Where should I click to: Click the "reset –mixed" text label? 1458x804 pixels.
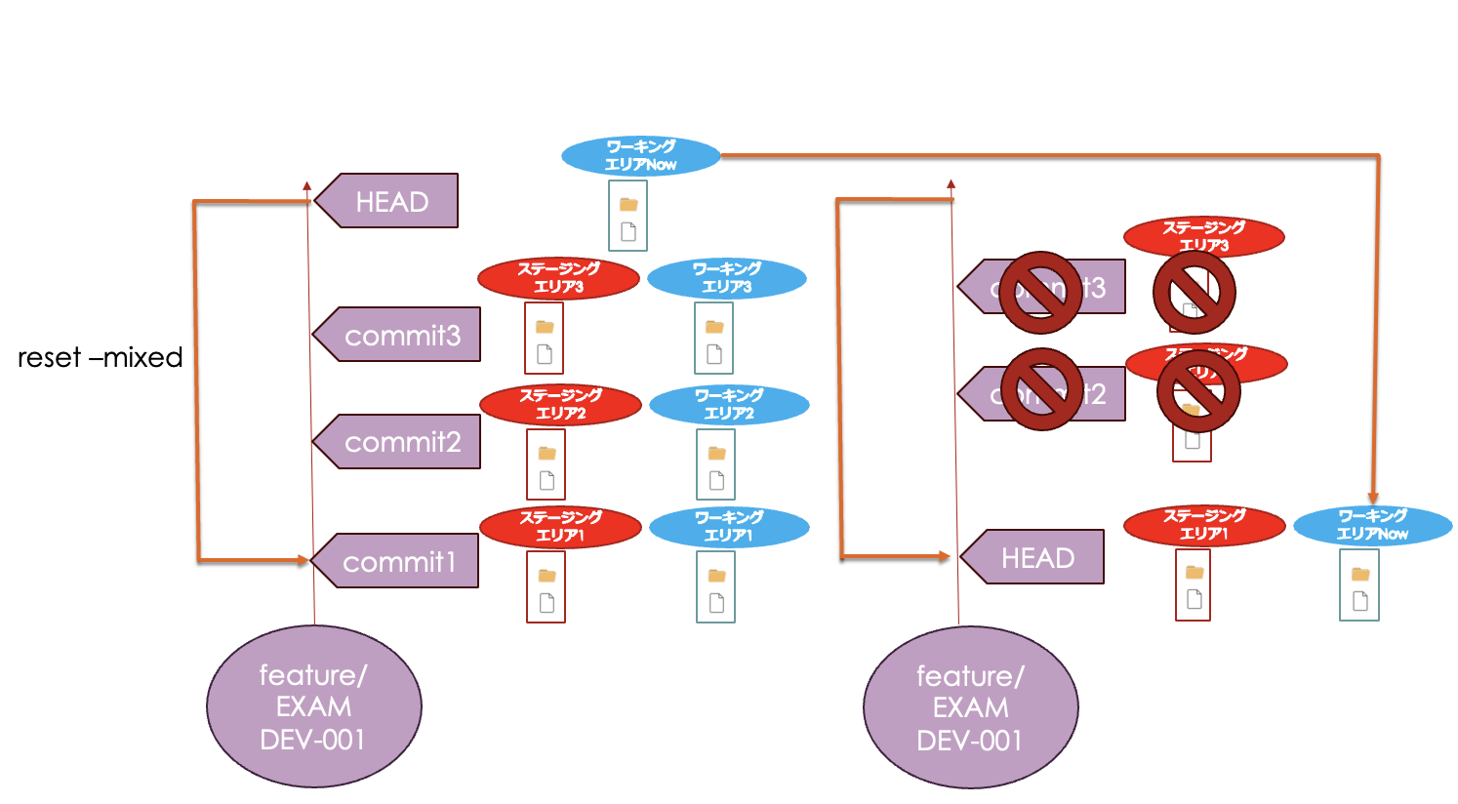pyautogui.click(x=100, y=357)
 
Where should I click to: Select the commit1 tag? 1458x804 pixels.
pyautogui.click(x=398, y=561)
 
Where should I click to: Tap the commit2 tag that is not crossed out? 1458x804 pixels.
pyautogui.click(x=400, y=442)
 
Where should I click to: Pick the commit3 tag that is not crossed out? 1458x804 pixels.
pyautogui.click(x=400, y=335)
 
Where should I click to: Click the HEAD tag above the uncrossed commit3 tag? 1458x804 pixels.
pyautogui.click(x=390, y=201)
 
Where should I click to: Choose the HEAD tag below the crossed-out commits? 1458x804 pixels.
pyautogui.click(x=1036, y=557)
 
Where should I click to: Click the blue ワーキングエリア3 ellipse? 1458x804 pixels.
pyautogui.click(x=726, y=278)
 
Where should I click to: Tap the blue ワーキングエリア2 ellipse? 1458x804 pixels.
pyautogui.click(x=728, y=405)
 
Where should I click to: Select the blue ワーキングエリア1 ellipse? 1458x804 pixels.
pyautogui.click(x=728, y=527)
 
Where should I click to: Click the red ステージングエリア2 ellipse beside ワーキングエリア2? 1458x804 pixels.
pyautogui.click(x=560, y=405)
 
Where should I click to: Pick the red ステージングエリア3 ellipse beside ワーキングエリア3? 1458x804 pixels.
pyautogui.click(x=558, y=278)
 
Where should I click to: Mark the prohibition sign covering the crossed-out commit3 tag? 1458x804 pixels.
pyautogui.click(x=1039, y=292)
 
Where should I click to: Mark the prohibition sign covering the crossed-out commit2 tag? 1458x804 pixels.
pyautogui.click(x=1041, y=389)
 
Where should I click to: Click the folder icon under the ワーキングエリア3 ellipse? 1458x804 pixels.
pyautogui.click(x=714, y=327)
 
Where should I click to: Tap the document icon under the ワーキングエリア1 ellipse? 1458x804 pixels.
pyautogui.click(x=716, y=603)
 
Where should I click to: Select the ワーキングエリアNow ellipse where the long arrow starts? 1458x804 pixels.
pyautogui.click(x=640, y=156)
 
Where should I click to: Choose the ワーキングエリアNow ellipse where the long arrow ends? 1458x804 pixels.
pyautogui.click(x=1372, y=525)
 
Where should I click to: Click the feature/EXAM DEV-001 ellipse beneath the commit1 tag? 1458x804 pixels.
pyautogui.click(x=313, y=706)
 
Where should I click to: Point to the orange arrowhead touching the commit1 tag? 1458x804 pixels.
pyautogui.click(x=303, y=560)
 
